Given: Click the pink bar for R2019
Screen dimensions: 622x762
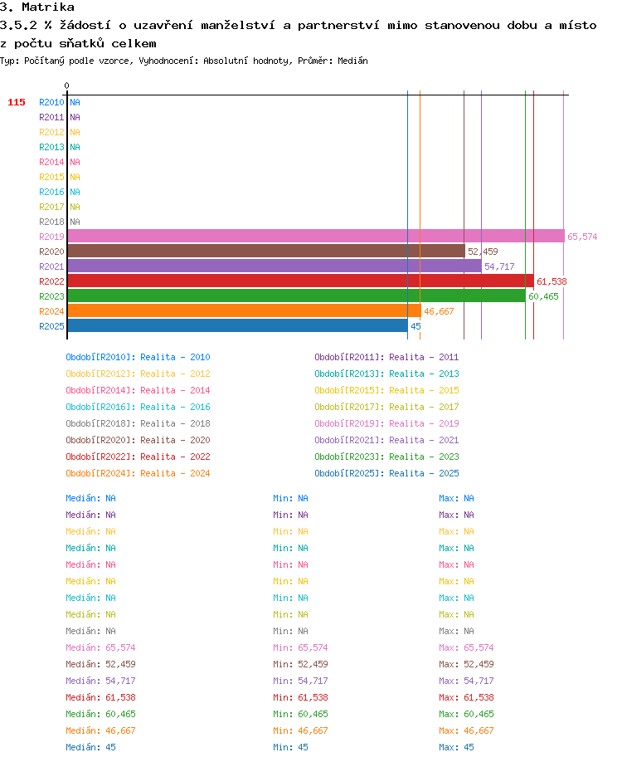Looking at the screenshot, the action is [316, 237].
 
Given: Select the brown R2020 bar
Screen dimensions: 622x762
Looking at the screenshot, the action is [266, 252].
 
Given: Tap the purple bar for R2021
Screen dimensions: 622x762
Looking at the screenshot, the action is [275, 266].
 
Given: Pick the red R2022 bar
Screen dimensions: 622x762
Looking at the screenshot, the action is [301, 281].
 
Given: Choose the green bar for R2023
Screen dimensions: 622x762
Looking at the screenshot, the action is [297, 296].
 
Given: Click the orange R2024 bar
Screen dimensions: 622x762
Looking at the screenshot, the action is [244, 311].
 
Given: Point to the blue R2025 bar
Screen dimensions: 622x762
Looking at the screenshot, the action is [238, 326].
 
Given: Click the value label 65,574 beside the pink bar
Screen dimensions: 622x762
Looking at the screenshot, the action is [582, 237].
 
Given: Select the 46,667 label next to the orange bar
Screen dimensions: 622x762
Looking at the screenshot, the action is [439, 311].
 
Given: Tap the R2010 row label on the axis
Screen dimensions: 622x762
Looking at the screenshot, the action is [51, 102].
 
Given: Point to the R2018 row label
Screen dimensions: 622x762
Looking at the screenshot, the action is [51, 222].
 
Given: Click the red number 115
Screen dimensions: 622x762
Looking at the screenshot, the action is [17, 102].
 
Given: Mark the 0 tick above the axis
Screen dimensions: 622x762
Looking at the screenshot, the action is [66, 85].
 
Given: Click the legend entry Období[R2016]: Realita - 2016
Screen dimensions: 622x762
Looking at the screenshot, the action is [138, 407].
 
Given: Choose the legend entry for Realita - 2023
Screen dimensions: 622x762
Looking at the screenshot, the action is [386, 457].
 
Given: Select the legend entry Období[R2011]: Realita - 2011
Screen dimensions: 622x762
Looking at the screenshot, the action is [386, 357].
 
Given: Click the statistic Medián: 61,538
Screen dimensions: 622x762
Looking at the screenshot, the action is [100, 697].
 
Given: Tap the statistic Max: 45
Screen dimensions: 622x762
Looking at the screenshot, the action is [456, 747].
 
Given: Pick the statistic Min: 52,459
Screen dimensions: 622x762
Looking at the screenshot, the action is [300, 664].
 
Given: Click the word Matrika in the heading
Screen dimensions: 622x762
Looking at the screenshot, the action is [48, 7].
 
